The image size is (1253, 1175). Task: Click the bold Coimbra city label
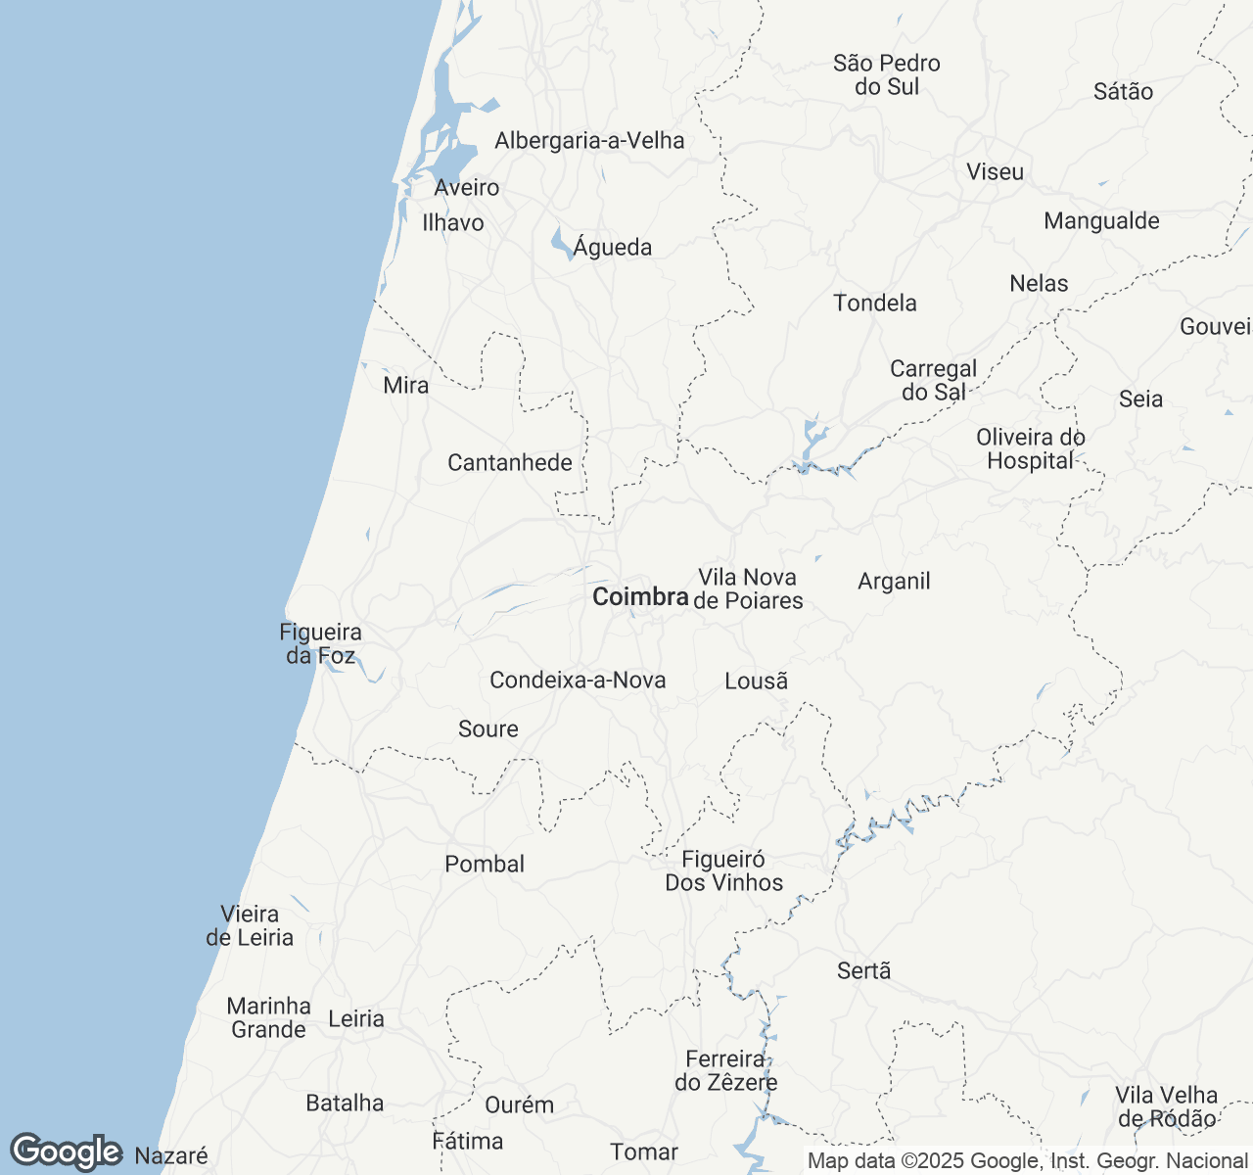(640, 596)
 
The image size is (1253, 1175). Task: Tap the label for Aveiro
(467, 187)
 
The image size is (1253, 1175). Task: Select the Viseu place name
(995, 171)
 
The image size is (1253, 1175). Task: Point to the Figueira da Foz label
(320, 644)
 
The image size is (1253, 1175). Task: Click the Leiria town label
(356, 1018)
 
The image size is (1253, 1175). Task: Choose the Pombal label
(485, 864)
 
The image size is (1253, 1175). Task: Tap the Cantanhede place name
(510, 462)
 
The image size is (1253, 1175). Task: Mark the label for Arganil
(894, 582)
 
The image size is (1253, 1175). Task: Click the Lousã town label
(756, 681)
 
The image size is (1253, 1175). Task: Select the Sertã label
(864, 970)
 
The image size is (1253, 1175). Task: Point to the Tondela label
(875, 303)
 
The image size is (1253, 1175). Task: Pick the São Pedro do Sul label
(887, 75)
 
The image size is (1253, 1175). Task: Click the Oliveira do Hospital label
(1031, 448)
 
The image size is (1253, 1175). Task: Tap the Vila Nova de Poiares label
(748, 589)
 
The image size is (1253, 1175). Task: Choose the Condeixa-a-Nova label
(578, 680)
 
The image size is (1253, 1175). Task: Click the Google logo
(66, 1152)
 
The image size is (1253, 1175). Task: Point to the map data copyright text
(1027, 1161)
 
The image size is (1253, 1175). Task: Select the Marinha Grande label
(268, 1017)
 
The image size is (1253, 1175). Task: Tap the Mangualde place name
(1101, 220)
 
